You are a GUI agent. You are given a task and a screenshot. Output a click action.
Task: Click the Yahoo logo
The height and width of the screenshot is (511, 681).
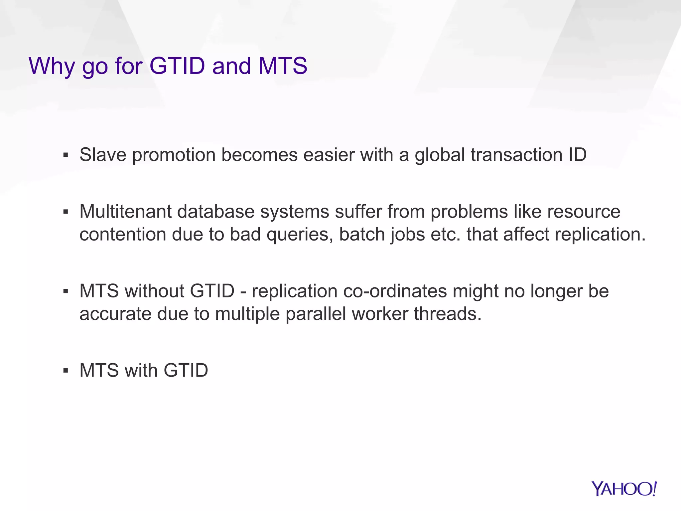point(624,489)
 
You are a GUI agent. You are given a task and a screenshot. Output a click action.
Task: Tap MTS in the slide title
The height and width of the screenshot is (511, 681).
point(283,66)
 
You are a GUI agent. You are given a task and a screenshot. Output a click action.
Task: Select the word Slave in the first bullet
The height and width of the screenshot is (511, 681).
point(103,155)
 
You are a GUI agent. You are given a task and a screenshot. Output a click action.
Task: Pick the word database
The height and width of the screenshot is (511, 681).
point(216,212)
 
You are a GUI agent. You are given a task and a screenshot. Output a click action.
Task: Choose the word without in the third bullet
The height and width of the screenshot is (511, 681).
point(154,291)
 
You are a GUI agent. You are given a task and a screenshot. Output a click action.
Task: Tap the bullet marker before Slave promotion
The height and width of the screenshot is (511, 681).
point(66,155)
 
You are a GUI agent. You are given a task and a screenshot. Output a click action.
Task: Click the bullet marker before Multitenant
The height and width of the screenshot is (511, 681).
point(66,212)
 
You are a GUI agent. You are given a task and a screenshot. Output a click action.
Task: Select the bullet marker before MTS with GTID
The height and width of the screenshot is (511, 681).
point(66,371)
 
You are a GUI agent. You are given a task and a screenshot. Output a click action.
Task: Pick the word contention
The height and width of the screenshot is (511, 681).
point(123,235)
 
